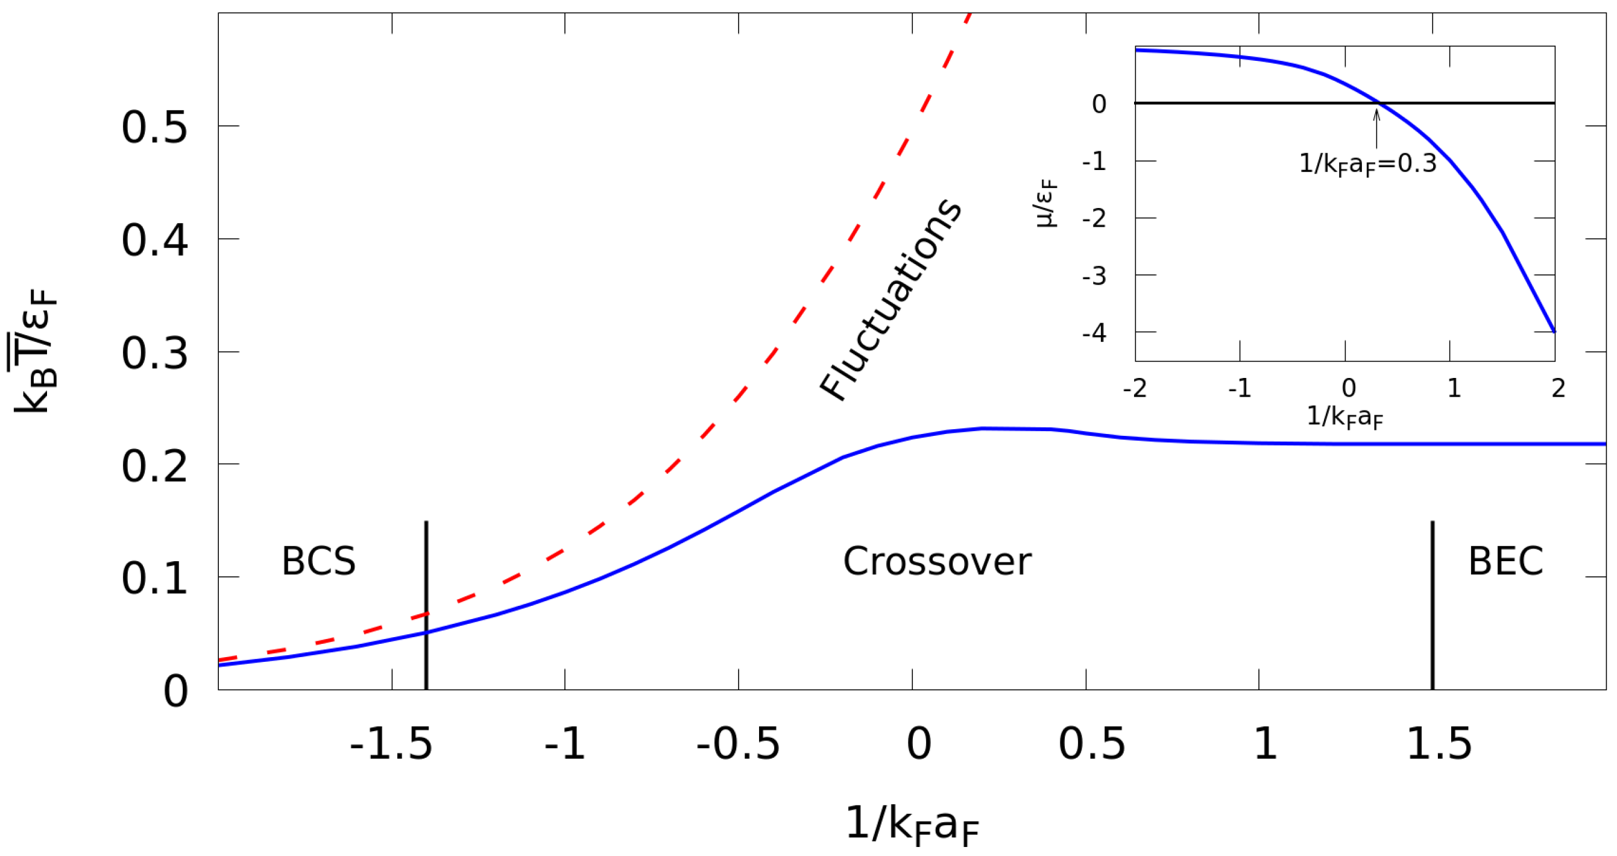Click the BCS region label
click(318, 561)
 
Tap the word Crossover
click(936, 561)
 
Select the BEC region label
click(1505, 561)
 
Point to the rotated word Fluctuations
click(890, 300)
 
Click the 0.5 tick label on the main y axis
click(154, 128)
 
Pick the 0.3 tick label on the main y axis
click(154, 353)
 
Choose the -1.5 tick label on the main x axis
click(391, 744)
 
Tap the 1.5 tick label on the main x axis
click(1439, 744)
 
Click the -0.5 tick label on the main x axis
click(738, 744)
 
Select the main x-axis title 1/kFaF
click(912, 825)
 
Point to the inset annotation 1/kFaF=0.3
click(1367, 165)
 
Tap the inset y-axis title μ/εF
click(1047, 203)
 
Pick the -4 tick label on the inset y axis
click(1094, 333)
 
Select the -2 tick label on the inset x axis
click(1135, 388)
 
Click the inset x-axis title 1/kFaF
click(1344, 417)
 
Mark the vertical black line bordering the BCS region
click(426, 605)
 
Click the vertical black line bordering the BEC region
click(1433, 605)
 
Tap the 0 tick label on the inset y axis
click(1099, 104)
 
